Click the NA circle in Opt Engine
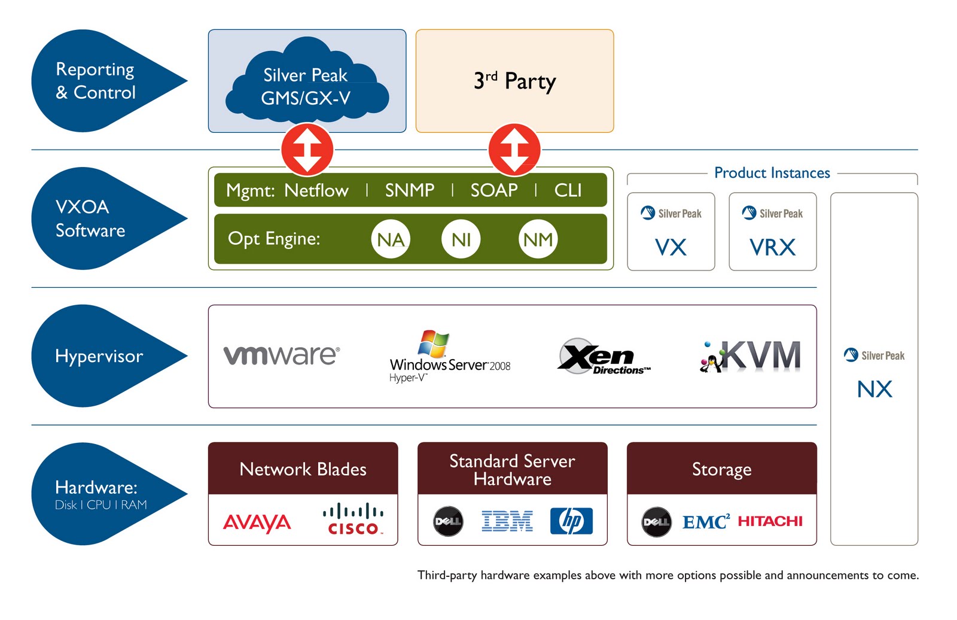click(x=391, y=239)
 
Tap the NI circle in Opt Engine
click(x=461, y=239)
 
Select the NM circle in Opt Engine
click(x=538, y=239)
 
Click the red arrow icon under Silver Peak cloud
click(x=307, y=150)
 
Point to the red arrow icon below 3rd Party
click(x=514, y=150)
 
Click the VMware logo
click(x=282, y=355)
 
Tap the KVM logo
click(x=751, y=356)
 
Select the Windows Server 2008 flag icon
click(x=434, y=344)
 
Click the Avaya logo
click(x=257, y=522)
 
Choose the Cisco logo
click(x=353, y=519)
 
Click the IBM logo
click(x=507, y=521)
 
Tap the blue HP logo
click(x=571, y=521)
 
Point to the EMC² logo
click(x=706, y=522)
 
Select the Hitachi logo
click(x=770, y=521)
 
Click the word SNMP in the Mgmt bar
click(x=410, y=190)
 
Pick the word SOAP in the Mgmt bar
click(x=494, y=190)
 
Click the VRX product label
click(x=773, y=247)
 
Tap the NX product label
click(x=874, y=389)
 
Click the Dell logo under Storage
click(x=656, y=522)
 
